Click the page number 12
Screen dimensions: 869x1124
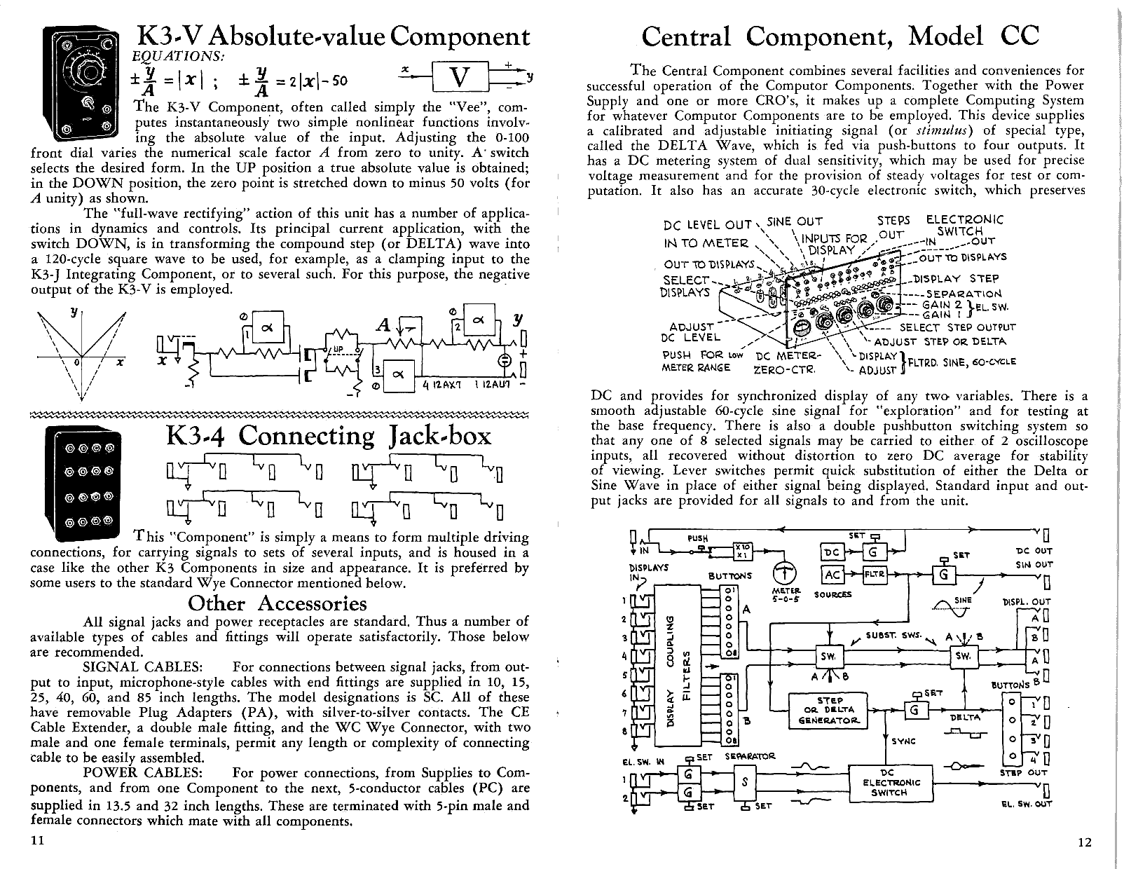click(1084, 842)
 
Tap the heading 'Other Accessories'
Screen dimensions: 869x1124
click(277, 603)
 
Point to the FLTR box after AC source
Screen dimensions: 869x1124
click(875, 575)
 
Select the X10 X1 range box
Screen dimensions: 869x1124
click(741, 552)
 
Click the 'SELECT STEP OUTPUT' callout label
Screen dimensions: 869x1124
click(957, 327)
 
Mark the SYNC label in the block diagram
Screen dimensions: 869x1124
click(903, 741)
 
